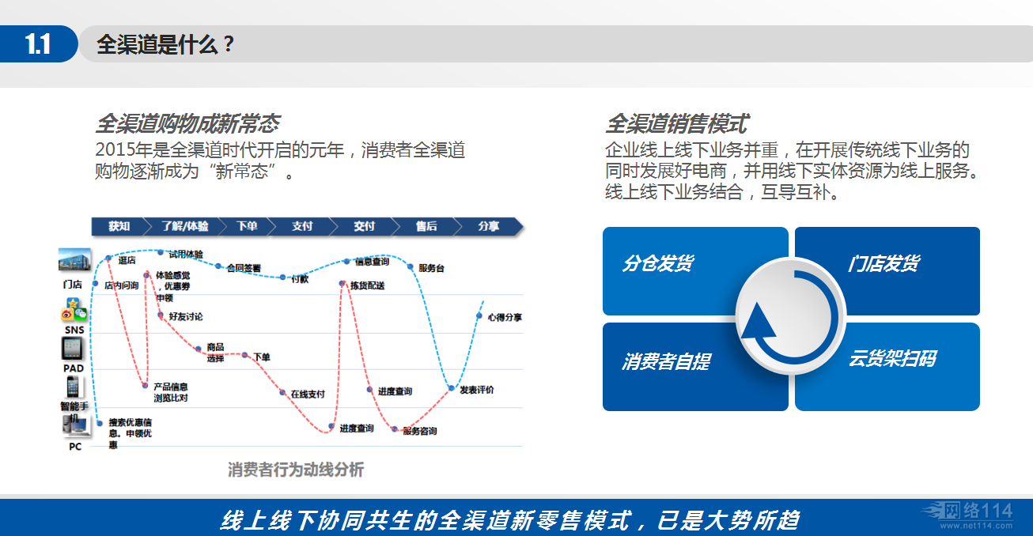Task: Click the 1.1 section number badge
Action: coord(38,44)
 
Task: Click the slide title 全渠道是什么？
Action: coord(165,44)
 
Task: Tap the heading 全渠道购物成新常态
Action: coord(187,124)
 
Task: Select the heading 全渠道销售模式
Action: coord(676,124)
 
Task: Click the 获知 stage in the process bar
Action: coord(119,226)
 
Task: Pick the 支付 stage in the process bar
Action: coord(302,226)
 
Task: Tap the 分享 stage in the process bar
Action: coord(489,226)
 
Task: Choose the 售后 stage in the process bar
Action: coord(426,226)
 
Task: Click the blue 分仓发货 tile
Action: coord(658,263)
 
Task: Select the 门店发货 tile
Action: coord(884,263)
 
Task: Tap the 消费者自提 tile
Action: coord(666,361)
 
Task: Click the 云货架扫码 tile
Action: coord(891,359)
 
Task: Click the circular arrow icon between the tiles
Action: coord(790,318)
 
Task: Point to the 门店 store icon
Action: coord(74,262)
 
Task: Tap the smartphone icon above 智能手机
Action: coord(73,387)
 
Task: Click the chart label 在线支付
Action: coord(308,394)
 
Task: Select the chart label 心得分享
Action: coord(505,317)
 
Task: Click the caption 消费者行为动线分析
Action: coord(296,470)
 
